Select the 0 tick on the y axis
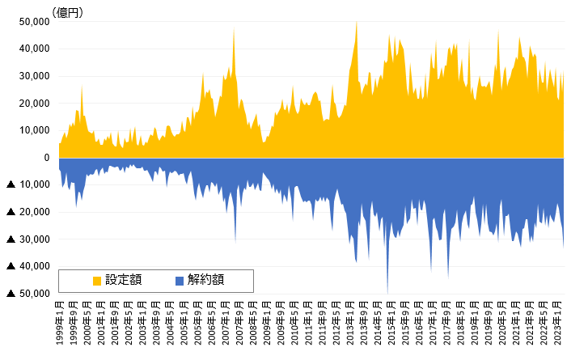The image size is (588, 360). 46,158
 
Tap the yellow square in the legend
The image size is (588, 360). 97,281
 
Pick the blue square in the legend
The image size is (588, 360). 179,281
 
